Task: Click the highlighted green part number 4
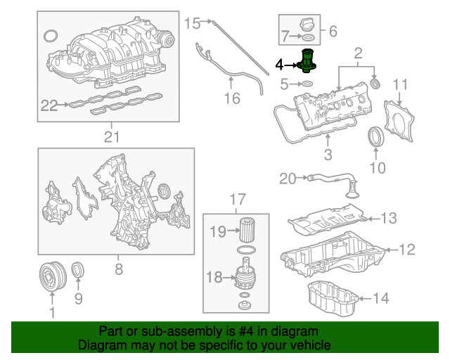click(307, 61)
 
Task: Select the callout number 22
click(49, 105)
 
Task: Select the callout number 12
click(407, 249)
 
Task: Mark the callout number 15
click(192, 24)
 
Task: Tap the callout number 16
click(232, 98)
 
